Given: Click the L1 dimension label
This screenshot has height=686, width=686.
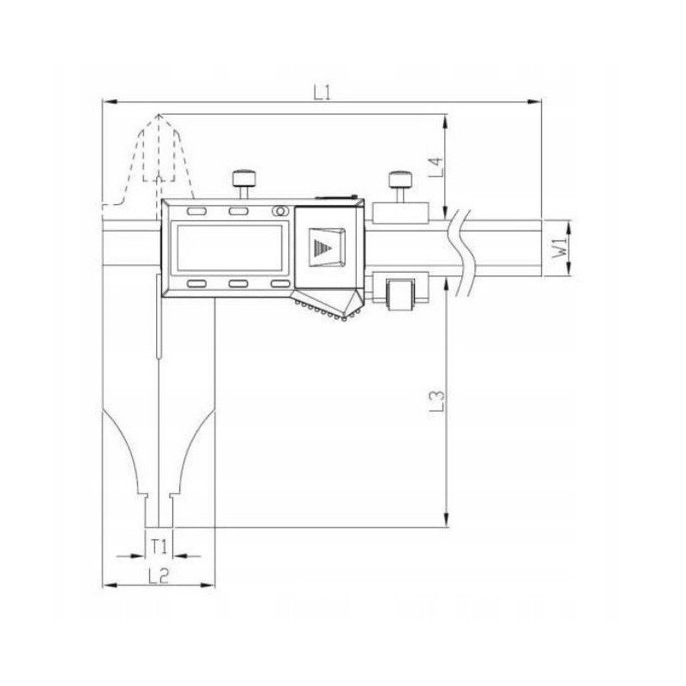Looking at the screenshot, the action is [322, 93].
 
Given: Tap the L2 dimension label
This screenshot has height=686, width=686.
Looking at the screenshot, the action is [159, 575].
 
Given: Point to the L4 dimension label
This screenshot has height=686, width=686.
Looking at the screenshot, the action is [436, 167].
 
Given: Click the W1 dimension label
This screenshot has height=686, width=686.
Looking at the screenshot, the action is [560, 248].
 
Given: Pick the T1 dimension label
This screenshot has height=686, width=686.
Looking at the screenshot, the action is [159, 546].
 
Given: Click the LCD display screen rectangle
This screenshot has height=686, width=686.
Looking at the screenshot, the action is [229, 248].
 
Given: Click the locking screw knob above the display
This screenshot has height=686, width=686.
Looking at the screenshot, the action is [244, 178].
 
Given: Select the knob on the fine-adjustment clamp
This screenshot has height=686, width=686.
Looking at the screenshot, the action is [400, 178].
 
